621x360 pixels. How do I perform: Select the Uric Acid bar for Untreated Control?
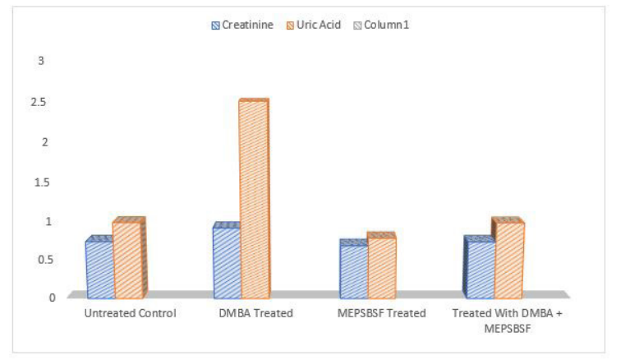point(129,259)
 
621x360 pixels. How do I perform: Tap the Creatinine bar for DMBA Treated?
point(228,261)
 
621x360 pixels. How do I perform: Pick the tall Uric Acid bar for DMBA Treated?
point(255,199)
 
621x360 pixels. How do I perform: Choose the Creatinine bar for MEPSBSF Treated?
point(354,270)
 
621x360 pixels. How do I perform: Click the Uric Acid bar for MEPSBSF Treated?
point(382,265)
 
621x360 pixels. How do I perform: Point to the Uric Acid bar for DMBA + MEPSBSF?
point(508,259)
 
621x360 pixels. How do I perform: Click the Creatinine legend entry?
point(242,25)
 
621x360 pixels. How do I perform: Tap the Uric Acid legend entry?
point(313,25)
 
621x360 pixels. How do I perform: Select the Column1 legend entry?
point(381,25)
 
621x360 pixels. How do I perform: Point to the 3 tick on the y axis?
point(41,61)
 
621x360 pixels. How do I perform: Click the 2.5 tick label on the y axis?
point(39,102)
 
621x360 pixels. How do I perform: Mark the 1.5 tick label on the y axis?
point(43,182)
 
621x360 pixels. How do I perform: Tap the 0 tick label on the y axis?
point(53,298)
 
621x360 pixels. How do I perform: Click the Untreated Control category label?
point(130,313)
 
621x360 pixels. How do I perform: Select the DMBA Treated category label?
point(255,313)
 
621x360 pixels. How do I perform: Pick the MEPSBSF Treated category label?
point(381,313)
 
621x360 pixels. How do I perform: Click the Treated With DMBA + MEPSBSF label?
point(508,321)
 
